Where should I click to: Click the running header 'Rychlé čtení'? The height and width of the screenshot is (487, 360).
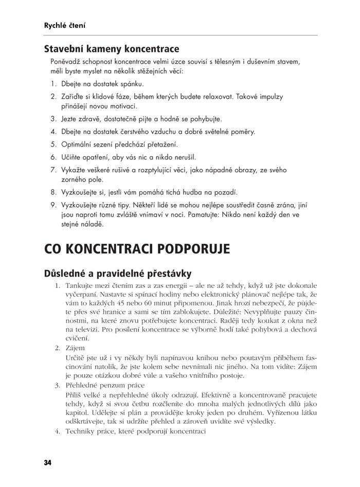(64, 25)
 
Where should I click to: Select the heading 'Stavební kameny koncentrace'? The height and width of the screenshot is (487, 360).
(111, 49)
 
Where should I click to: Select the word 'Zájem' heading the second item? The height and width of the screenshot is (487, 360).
(75, 348)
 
